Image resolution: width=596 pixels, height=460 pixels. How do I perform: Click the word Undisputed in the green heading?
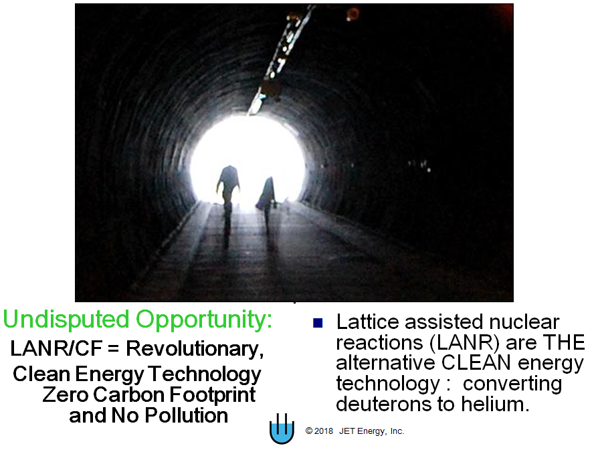[66, 320]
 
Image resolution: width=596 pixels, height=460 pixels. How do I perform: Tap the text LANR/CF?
[56, 348]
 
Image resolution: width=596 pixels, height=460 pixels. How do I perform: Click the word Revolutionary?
[194, 349]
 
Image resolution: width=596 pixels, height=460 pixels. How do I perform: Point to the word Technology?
[205, 375]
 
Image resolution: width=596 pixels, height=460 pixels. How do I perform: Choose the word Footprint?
[213, 395]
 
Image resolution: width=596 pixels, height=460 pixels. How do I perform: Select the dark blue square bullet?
[318, 323]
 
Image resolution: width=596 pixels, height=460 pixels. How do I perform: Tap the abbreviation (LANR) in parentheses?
[464, 342]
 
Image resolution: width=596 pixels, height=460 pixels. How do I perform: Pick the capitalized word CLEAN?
[476, 362]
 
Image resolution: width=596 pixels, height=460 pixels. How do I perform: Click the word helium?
[495, 404]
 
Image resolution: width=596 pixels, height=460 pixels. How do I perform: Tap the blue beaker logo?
[282, 429]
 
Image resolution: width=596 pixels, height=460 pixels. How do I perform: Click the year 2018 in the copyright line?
[324, 431]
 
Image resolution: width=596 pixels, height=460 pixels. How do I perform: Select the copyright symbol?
[308, 431]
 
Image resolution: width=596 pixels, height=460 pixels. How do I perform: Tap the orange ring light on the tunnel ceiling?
[353, 13]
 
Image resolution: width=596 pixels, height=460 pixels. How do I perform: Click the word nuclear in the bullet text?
[524, 322]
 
